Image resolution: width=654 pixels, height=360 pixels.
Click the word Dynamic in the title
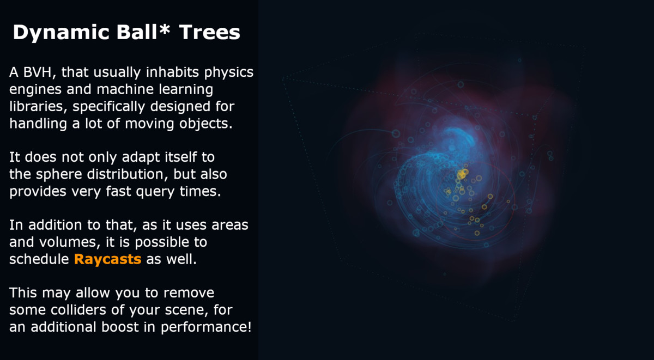pos(61,33)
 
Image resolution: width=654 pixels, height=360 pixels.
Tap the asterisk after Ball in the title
pos(165,28)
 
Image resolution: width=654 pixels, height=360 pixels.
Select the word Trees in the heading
pos(210,32)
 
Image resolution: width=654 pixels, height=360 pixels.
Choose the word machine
pos(125,89)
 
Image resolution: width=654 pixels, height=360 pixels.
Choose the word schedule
pos(39,259)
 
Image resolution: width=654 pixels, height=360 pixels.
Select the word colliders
pos(78,310)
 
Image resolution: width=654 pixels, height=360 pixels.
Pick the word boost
pos(120,327)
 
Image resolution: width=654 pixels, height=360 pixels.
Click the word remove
pos(189,293)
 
